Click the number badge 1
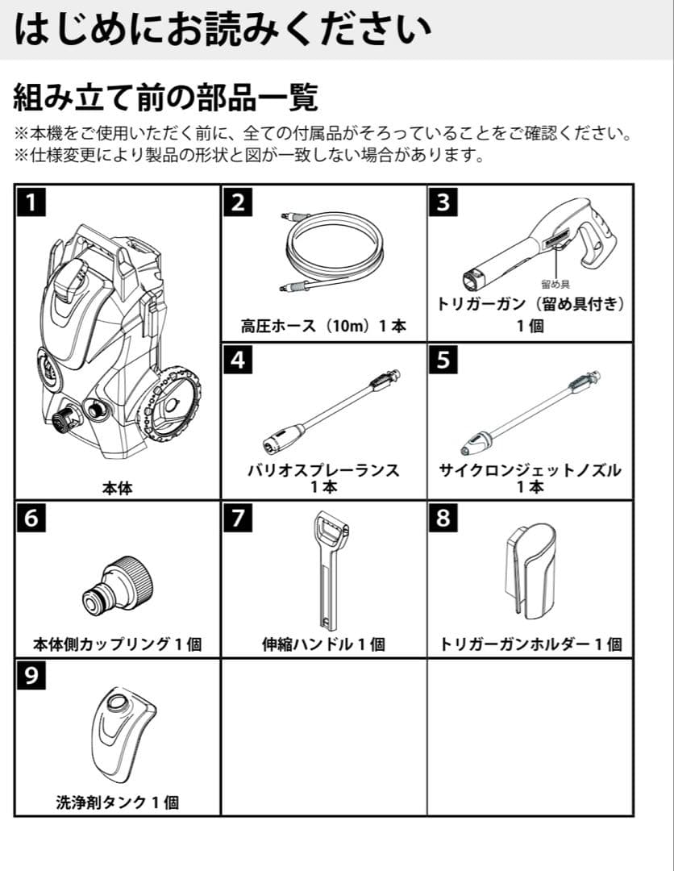pos(31,202)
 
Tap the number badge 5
pos(443,360)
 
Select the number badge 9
pos(31,675)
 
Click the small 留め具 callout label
pos(555,285)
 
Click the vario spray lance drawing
pos(331,411)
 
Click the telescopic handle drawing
pos(327,569)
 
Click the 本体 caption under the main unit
pos(117,487)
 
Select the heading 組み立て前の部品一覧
pos(165,98)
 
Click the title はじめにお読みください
pos(222,30)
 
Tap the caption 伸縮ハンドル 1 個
pos(323,644)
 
